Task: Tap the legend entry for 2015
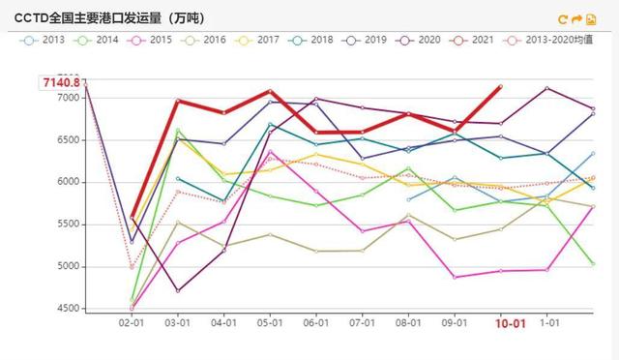tap(154, 40)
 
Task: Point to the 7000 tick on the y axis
tap(67, 98)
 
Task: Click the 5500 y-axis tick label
tap(67, 225)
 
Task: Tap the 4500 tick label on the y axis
tap(67, 309)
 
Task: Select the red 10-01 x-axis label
tap(511, 323)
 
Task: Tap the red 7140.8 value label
tap(60, 83)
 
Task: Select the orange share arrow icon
tap(577, 18)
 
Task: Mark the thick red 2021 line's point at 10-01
tap(500, 86)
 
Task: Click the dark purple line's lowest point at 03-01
tap(177, 290)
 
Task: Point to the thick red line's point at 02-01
tap(133, 218)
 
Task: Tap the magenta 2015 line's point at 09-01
tap(455, 277)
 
